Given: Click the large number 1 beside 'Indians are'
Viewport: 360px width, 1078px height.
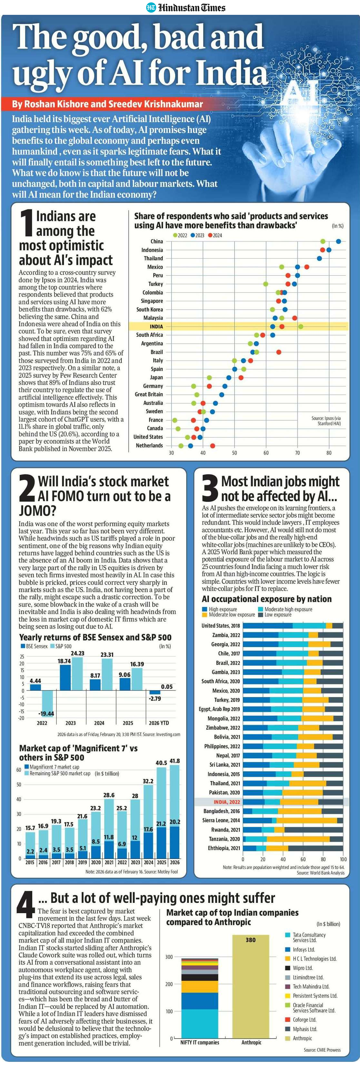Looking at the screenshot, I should (x=26, y=223).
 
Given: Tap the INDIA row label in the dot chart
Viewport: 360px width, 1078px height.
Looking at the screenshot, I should (x=156, y=326).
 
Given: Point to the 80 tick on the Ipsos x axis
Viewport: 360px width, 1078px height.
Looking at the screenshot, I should (x=329, y=453).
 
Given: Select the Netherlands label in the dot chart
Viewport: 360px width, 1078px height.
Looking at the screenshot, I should (x=149, y=445).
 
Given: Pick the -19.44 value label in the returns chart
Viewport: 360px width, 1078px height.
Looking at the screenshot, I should (x=46, y=714).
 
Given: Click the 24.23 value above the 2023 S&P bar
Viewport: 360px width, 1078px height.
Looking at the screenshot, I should (x=77, y=653).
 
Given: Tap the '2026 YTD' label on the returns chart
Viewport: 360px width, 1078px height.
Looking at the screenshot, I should (x=159, y=723).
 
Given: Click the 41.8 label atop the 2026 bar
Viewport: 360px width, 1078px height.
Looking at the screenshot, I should (x=175, y=761).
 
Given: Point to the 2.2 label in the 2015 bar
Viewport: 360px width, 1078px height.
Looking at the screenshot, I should (x=30, y=851).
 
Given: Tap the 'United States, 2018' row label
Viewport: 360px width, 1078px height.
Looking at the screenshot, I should (x=221, y=626).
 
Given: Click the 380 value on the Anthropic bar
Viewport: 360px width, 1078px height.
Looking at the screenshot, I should (x=250, y=940).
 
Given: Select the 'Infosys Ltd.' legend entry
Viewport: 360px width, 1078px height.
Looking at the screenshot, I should (x=304, y=950).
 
